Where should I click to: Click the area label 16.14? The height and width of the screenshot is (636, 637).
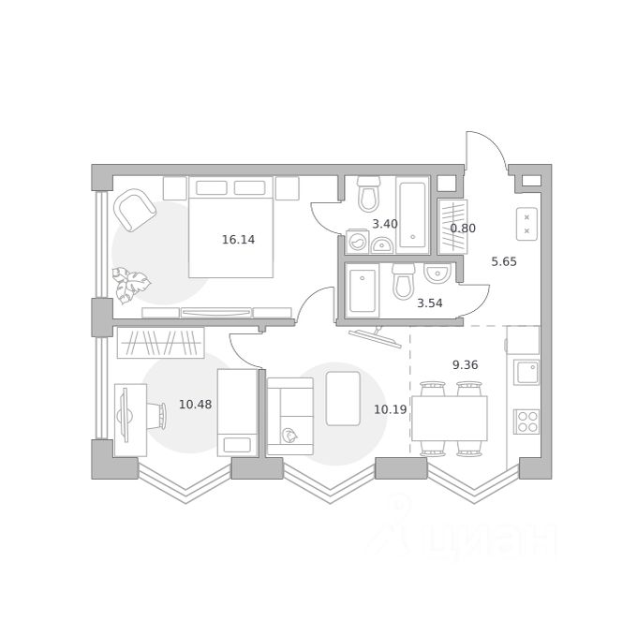pos(239,240)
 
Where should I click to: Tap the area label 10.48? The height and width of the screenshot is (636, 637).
pos(196,405)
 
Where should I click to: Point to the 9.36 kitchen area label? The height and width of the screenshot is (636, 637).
pos(466,364)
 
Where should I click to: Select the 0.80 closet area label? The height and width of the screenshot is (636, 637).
pos(463,229)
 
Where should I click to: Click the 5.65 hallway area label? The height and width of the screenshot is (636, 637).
pos(504,261)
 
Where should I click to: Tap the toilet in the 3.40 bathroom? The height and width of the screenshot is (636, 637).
pos(369,194)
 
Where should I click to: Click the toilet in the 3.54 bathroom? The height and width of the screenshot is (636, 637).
pos(404,281)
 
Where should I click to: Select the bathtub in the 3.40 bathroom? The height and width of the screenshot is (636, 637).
pos(413,215)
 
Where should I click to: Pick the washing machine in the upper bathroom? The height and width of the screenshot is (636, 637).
pos(357,242)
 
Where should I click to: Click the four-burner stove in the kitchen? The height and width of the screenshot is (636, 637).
pos(526,422)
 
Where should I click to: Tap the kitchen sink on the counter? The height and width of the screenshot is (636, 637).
pos(526,372)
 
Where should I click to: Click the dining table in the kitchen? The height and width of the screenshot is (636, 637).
pos(450,419)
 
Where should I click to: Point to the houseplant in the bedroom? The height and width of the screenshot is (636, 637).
pos(130,285)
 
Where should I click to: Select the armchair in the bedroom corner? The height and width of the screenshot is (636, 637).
pos(135,210)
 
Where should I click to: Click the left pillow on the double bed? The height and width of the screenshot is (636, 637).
pos(212,187)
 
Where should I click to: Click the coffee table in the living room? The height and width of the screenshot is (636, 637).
pos(343,398)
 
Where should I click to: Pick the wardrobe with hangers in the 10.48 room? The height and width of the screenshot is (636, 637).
pos(160,343)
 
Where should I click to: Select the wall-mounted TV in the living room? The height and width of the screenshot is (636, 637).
pos(374,336)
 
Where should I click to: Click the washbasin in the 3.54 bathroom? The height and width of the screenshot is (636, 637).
pos(437,273)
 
